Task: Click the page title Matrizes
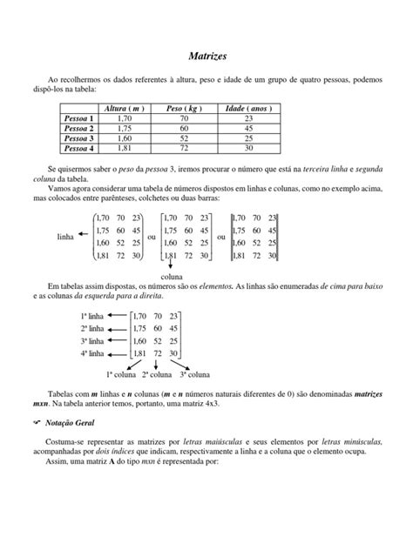click(207, 55)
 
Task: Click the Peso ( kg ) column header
click(184, 108)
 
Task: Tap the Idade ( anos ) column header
click(248, 108)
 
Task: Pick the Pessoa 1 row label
click(78, 117)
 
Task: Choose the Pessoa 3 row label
click(78, 137)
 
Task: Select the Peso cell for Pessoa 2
click(184, 127)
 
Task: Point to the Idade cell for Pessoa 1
click(248, 117)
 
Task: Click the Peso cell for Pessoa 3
click(184, 137)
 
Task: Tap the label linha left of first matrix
click(65, 236)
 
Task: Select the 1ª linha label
click(91, 317)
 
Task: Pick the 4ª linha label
click(91, 354)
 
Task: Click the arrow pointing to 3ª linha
click(118, 341)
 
